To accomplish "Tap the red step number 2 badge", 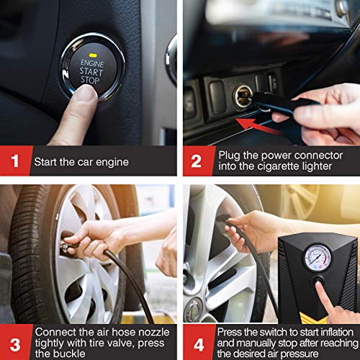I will click(197, 161).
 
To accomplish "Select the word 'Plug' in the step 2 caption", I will click(228, 155).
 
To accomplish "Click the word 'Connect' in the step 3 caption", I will click(54, 332).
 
